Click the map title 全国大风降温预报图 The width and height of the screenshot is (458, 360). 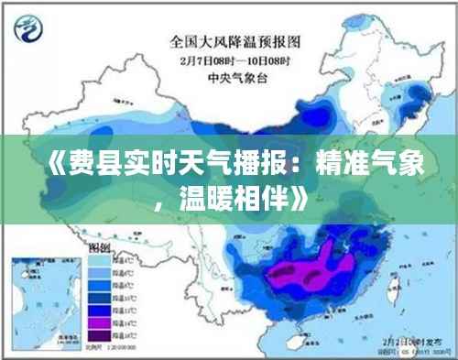coord(234,40)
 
